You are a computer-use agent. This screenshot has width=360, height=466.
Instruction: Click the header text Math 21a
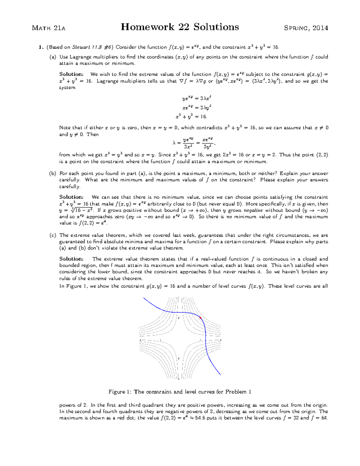[x=48, y=28]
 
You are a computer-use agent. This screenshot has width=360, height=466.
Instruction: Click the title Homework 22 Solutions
[x=180, y=27]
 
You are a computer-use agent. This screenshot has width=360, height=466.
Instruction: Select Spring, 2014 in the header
[x=306, y=28]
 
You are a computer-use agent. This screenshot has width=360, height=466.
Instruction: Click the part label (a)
[x=53, y=57]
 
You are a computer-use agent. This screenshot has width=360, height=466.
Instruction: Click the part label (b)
[x=53, y=173]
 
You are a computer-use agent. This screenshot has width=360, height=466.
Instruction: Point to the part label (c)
[x=53, y=235]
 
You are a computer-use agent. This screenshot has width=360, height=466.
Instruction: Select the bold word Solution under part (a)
[x=71, y=74]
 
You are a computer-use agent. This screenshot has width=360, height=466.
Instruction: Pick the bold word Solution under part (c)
[x=71, y=259]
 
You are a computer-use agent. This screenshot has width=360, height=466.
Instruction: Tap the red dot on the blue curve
[x=200, y=317]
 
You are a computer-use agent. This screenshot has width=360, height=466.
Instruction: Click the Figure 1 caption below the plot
[x=180, y=392]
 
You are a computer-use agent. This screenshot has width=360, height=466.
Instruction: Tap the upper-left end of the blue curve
[x=144, y=298]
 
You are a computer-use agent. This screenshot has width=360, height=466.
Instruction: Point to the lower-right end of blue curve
[x=220, y=374]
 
